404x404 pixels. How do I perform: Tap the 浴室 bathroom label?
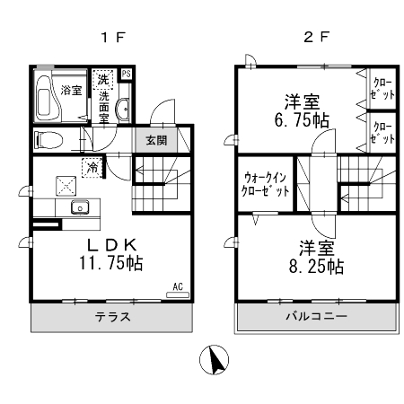pyautogui.click(x=71, y=90)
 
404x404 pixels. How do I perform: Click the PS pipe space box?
pyautogui.click(x=127, y=75)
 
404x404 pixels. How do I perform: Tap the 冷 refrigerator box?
pyautogui.click(x=92, y=166)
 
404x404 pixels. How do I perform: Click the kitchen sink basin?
pyautogui.click(x=81, y=208)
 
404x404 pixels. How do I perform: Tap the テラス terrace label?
pyautogui.click(x=113, y=317)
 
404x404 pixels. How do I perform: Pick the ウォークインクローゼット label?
pyautogui.click(x=266, y=184)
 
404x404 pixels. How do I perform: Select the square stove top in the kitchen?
pyautogui.click(x=66, y=186)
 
